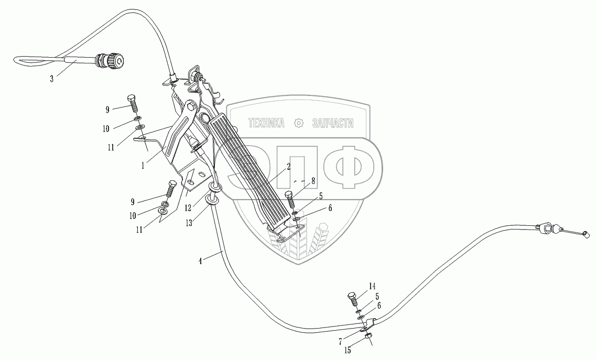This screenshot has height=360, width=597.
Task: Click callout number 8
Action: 313,180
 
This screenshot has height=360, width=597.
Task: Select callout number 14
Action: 372,286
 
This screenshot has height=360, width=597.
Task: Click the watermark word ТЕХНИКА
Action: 266,123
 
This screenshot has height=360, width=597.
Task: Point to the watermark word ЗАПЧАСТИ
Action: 332,123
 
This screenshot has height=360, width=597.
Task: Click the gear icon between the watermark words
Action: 299,123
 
